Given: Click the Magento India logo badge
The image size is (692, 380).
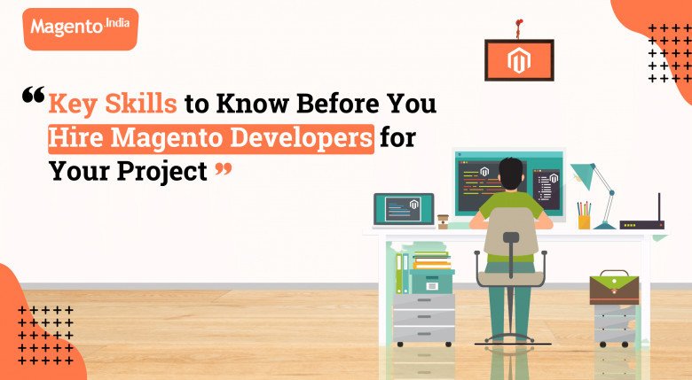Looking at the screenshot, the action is (x=81, y=28).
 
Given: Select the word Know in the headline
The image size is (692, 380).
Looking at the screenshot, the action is (x=253, y=104).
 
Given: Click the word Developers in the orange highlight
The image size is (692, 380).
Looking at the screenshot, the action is (x=302, y=138).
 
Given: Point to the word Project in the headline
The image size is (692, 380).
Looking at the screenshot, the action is (x=162, y=172).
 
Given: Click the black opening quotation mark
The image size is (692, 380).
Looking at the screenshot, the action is (x=34, y=95).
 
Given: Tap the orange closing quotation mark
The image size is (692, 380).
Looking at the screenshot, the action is (x=224, y=169).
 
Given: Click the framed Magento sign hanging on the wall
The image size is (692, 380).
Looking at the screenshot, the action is (x=519, y=60).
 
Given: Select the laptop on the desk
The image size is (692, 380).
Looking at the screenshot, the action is (x=404, y=211).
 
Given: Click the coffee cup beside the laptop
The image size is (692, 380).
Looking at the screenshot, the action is (x=443, y=221).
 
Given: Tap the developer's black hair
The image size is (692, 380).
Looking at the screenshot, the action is (x=511, y=174).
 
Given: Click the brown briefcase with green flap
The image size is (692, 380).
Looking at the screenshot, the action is (x=614, y=288).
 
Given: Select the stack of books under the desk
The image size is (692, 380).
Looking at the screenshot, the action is (x=432, y=260).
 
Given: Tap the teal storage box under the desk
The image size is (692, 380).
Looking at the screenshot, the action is (x=432, y=282).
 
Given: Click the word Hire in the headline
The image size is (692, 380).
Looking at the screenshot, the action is (x=75, y=138).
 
